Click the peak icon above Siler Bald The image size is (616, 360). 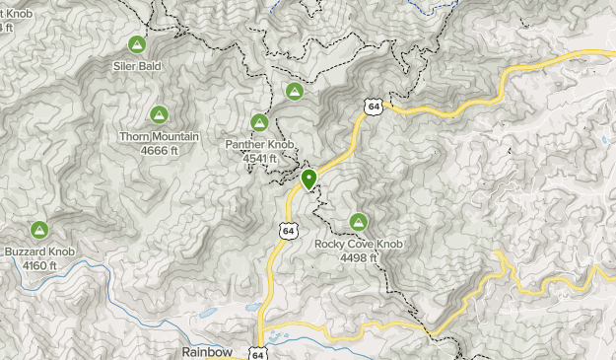[x=136, y=45]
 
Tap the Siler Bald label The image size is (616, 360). [x=136, y=67]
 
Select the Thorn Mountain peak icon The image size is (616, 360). [x=158, y=114]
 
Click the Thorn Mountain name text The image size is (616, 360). [x=159, y=136]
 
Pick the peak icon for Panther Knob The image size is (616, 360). [x=259, y=122]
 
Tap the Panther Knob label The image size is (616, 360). [x=259, y=144]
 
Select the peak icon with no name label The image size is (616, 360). [x=294, y=92]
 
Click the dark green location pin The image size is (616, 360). [x=309, y=179]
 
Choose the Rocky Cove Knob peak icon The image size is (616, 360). [x=358, y=222]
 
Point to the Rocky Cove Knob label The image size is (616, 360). [x=359, y=244]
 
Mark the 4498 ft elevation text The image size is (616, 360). [x=359, y=256]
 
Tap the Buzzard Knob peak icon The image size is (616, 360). [x=39, y=230]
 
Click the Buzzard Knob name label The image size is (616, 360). [x=38, y=252]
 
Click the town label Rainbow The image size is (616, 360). [x=207, y=351]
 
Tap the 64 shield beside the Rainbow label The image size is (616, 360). [x=257, y=352]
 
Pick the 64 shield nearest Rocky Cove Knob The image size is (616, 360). [x=287, y=231]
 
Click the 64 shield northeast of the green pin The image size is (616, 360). [x=371, y=106]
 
